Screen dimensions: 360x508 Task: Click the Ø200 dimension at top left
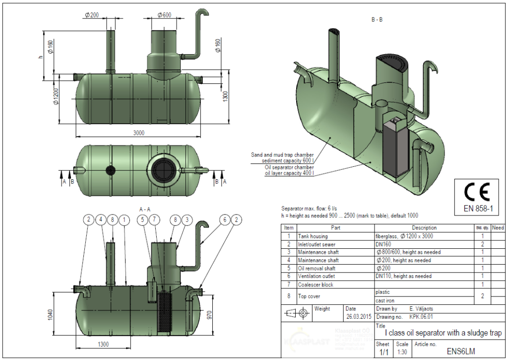pyautogui.click(x=92, y=15)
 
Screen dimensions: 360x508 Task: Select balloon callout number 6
pyautogui.click(x=225, y=219)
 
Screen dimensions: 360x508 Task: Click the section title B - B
pyautogui.click(x=377, y=20)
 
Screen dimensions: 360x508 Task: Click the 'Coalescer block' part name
pyautogui.click(x=316, y=285)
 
